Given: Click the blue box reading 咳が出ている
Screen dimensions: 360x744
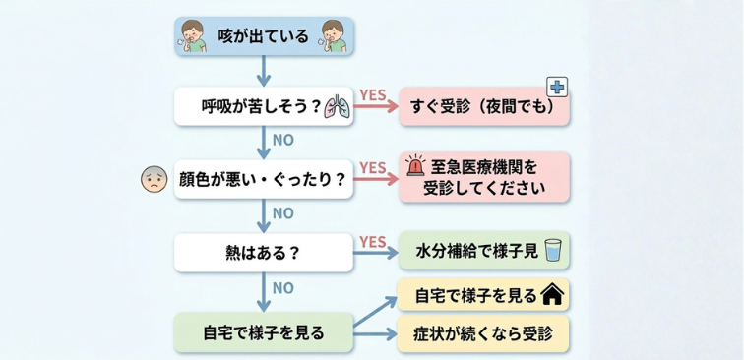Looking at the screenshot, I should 263,37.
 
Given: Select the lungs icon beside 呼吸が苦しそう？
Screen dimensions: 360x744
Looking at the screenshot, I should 337,107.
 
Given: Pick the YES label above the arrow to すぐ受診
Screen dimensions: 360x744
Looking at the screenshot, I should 372,95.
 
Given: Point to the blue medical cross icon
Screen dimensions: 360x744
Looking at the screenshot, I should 557,88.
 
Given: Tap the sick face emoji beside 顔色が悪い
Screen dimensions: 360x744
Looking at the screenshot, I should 154,179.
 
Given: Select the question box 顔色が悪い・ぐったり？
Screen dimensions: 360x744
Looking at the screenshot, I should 263,179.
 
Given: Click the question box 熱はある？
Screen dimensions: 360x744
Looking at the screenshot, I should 263,252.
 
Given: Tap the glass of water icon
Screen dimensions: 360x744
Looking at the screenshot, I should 553,251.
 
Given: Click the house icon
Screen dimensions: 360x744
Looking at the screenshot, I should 553,293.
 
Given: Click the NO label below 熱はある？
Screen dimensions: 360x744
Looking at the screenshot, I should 282,287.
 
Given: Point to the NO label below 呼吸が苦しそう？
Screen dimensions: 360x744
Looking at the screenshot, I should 282,141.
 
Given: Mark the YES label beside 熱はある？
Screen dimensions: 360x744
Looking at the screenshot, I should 372,241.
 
